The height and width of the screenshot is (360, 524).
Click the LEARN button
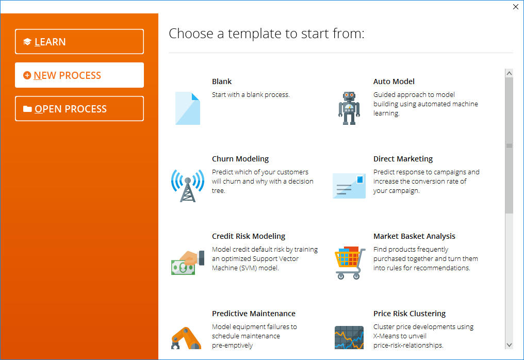[79, 41]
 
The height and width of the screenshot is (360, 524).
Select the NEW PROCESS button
[79, 75]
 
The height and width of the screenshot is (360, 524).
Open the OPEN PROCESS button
[79, 109]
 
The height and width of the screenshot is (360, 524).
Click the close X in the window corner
[516, 7]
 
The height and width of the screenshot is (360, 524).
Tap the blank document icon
[188, 108]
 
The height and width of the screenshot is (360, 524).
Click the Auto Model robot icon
[349, 108]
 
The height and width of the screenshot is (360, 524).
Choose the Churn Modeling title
[240, 159]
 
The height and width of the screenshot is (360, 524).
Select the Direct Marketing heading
[403, 159]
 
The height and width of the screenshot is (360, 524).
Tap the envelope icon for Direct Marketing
[349, 186]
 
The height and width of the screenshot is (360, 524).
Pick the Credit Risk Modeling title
[249, 236]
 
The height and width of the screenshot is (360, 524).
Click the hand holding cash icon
[188, 263]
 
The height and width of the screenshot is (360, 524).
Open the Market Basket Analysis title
[414, 236]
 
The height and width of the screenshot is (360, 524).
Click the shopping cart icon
[350, 263]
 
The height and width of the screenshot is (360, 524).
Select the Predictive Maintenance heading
[254, 314]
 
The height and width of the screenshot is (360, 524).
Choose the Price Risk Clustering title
[410, 314]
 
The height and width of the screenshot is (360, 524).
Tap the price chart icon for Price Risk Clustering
[349, 338]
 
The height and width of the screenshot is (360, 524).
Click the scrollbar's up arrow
[509, 73]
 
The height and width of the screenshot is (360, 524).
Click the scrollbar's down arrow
[509, 345]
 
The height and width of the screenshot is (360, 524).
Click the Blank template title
[222, 81]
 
